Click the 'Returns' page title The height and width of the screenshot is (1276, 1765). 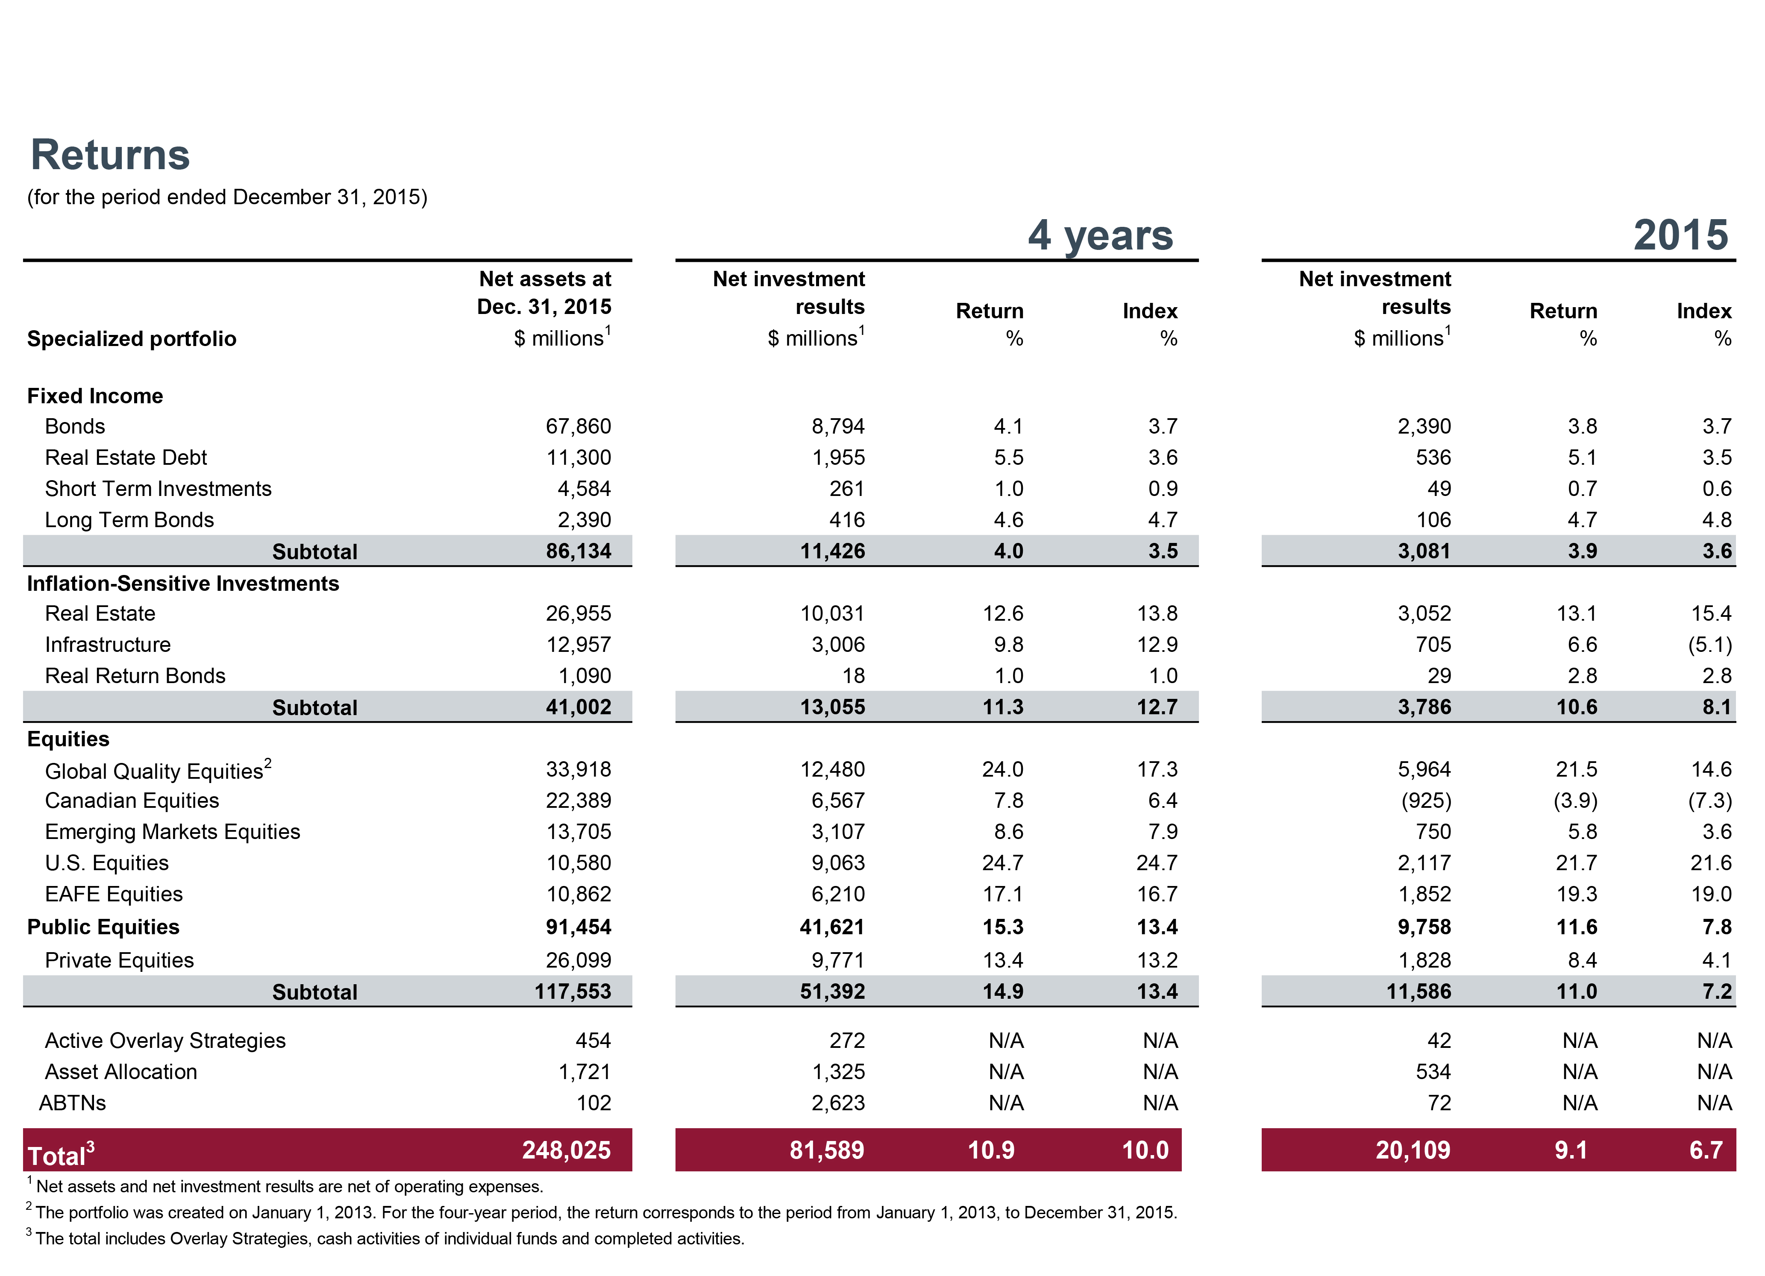pyautogui.click(x=110, y=155)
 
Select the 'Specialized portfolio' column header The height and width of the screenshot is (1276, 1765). pyautogui.click(x=132, y=339)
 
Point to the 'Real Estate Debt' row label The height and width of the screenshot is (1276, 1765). pyautogui.click(x=126, y=458)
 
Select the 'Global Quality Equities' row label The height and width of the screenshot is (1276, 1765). pyautogui.click(x=154, y=771)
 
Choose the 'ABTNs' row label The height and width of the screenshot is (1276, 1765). pyautogui.click(x=72, y=1103)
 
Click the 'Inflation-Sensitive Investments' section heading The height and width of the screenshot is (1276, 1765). pyautogui.click(x=183, y=584)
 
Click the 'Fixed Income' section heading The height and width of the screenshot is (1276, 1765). pyautogui.click(x=95, y=396)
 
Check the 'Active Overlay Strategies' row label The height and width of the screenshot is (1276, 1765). pyautogui.click(x=165, y=1041)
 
